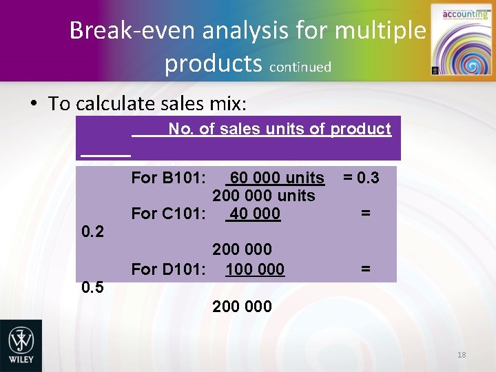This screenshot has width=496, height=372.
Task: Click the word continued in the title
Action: pos(300,68)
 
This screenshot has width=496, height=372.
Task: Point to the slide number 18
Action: pos(462,355)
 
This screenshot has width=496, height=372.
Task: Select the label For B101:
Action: pos(167,178)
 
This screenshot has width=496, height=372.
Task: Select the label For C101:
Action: pos(167,214)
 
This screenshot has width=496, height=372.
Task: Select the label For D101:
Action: pos(167,269)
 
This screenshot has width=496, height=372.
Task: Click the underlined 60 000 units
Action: pos(276,178)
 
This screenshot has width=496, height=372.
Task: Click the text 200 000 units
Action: pos(263,196)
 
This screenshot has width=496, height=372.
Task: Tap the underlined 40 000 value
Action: pos(254,214)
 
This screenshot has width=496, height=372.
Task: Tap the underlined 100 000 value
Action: pos(254,269)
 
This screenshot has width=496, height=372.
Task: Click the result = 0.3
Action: pos(360,178)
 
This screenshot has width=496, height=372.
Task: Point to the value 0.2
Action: pos(92,232)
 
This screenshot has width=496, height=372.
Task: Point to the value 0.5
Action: pos(92,287)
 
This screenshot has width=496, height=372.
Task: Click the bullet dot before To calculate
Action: pos(33,104)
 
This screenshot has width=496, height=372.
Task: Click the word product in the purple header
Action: pos(360,129)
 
